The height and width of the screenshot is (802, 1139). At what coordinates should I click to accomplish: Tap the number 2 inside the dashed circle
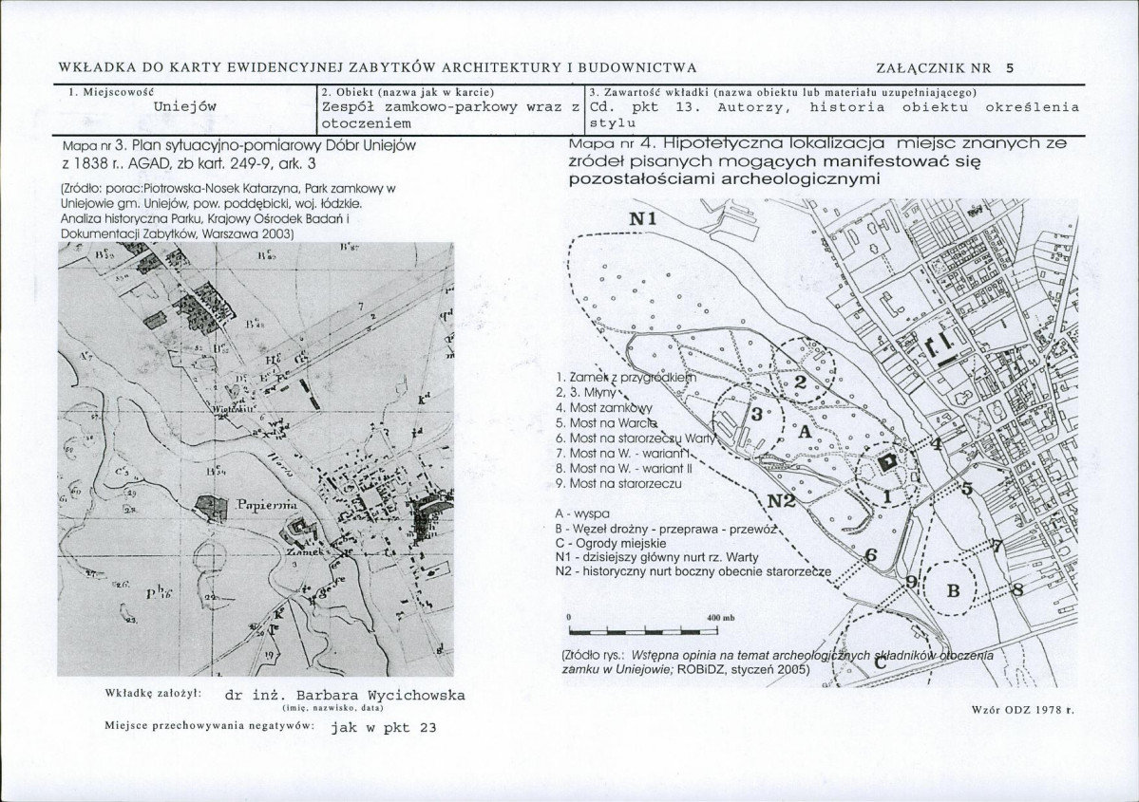(x=800, y=382)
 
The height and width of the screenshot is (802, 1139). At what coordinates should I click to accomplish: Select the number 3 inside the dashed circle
(x=757, y=415)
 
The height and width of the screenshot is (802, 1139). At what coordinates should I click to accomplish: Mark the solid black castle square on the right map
(x=888, y=460)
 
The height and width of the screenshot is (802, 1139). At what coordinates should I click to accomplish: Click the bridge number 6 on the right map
(x=870, y=556)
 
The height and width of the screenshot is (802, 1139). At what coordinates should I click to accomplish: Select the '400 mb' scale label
(x=722, y=619)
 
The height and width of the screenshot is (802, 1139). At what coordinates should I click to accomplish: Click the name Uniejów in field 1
(x=186, y=106)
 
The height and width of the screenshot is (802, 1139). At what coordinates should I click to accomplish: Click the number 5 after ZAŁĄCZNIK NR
(x=1010, y=67)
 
